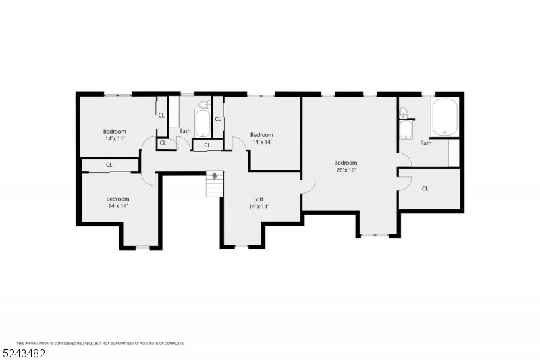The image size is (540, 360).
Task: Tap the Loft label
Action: [259, 199]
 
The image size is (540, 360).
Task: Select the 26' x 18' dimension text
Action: [346, 170]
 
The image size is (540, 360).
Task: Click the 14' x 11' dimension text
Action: [115, 138]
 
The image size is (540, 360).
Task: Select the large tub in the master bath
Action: [445, 117]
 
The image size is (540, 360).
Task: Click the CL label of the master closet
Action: [425, 188]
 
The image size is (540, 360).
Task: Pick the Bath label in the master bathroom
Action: [425, 143]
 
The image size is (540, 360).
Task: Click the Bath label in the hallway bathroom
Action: [184, 131]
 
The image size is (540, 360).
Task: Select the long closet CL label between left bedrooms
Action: [109, 165]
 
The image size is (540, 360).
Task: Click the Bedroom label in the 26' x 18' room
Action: [346, 163]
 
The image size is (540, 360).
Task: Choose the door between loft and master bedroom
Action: [307, 186]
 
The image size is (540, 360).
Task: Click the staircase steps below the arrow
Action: [215, 189]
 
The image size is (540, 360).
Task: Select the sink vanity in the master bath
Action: [406, 129]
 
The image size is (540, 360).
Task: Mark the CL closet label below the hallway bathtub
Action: [207, 145]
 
